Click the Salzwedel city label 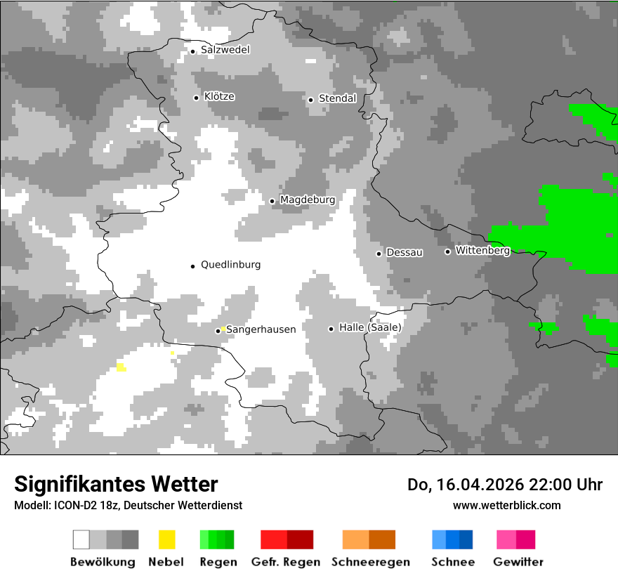225,50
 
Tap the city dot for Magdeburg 272,201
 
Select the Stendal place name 337,98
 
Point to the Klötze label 219,96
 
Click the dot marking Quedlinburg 192,266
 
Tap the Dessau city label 405,252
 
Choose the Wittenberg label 482,250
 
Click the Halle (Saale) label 370,327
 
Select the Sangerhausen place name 261,329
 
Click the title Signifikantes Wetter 116,484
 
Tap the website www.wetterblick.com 506,505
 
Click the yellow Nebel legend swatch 167,539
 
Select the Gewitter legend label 518,562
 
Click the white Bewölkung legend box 81,539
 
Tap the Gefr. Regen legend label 286,562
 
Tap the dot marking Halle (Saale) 331,329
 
